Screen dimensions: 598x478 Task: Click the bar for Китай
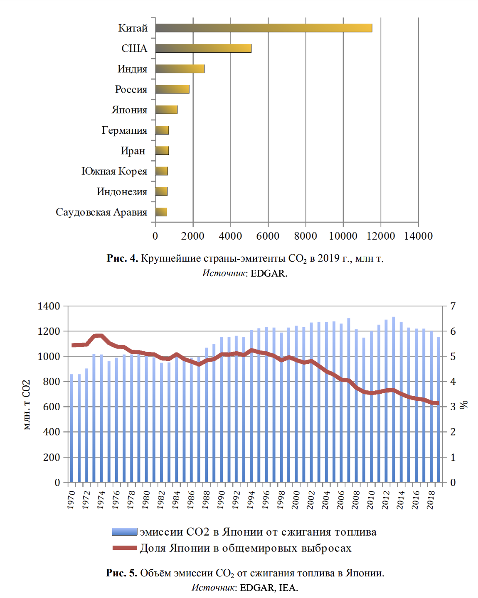click(x=264, y=28)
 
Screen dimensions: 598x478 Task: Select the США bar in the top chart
click(x=203, y=48)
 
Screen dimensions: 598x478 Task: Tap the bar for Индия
click(x=180, y=69)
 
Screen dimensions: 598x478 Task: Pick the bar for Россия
click(x=172, y=89)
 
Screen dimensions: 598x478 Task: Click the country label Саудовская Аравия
click(x=101, y=212)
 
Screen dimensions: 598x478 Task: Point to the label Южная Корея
click(x=114, y=171)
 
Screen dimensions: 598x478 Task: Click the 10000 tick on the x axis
click(x=343, y=236)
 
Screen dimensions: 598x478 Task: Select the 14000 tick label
click(x=418, y=236)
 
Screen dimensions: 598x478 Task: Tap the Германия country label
click(x=124, y=130)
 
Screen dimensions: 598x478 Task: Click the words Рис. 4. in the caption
click(x=122, y=258)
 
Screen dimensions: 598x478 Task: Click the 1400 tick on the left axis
click(x=49, y=306)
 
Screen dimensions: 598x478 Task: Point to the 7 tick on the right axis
click(x=453, y=306)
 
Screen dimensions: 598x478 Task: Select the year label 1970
click(x=71, y=500)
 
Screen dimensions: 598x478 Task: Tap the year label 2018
click(x=431, y=500)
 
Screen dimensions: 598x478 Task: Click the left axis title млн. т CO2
click(x=26, y=405)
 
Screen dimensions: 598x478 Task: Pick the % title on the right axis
click(x=464, y=404)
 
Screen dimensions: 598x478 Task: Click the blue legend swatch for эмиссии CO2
click(x=125, y=532)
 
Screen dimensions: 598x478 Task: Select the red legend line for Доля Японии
click(x=125, y=548)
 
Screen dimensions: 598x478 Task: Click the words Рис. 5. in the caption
click(x=121, y=573)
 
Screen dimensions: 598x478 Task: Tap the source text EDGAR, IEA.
click(x=269, y=588)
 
